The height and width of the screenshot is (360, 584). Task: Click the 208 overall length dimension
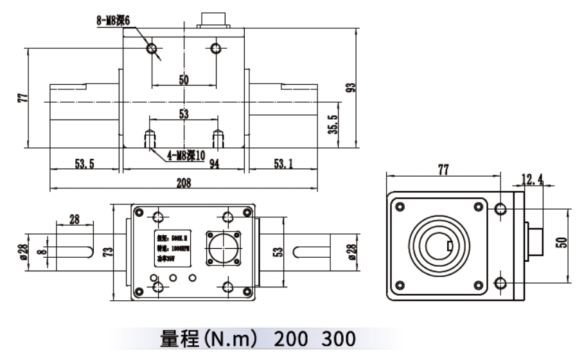tap(184, 183)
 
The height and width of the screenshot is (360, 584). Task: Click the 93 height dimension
tap(351, 87)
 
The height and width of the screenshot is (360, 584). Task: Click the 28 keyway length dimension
tap(75, 219)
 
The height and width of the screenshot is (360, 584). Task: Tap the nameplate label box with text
tap(171, 249)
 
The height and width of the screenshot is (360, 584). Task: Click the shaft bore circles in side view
tap(439, 245)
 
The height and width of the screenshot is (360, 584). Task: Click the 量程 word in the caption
tap(175, 339)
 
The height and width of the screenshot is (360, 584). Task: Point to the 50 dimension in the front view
tap(184, 80)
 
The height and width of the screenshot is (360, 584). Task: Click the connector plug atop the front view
tap(214, 19)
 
